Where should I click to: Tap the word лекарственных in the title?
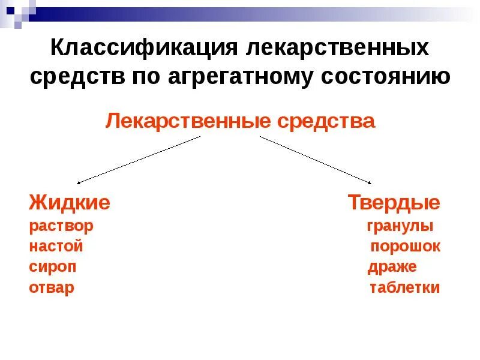338,48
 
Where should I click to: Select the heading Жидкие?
69,203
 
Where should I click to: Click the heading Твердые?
394,203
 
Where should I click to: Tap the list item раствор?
61,227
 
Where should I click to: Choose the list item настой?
56,247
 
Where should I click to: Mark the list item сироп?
53,267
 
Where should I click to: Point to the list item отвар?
52,287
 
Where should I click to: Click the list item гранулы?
400,227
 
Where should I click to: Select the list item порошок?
405,247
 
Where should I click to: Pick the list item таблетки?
404,287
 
